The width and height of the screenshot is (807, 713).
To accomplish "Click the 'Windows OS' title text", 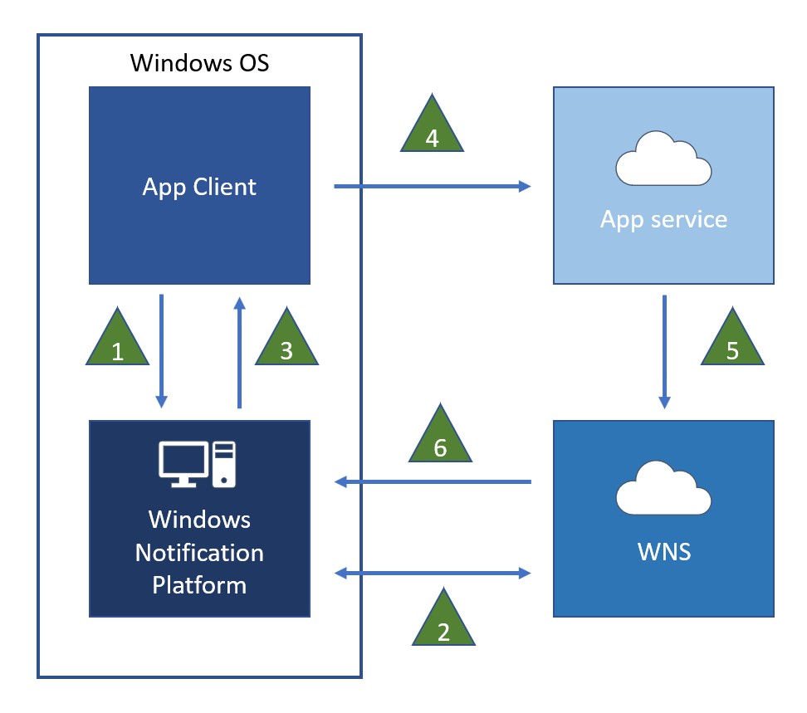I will pyautogui.click(x=199, y=62).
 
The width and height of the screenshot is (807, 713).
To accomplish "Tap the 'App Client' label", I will pyautogui.click(x=199, y=187).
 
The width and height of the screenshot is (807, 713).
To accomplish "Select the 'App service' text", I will pyautogui.click(x=663, y=219).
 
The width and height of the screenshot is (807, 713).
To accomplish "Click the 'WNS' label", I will pyautogui.click(x=664, y=551).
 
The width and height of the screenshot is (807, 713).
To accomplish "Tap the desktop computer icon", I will pyautogui.click(x=198, y=464).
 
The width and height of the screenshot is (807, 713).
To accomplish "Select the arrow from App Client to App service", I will pyautogui.click(x=432, y=187).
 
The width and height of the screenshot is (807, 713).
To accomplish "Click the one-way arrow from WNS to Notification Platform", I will pyautogui.click(x=432, y=481).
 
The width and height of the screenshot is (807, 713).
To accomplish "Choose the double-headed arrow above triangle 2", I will pyautogui.click(x=432, y=573).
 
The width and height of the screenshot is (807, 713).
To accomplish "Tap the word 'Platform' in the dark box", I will pyautogui.click(x=199, y=585).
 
